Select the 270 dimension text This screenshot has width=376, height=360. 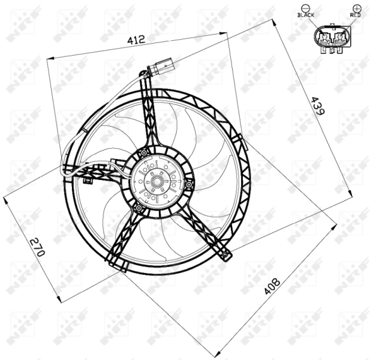pyautogui.click(x=38, y=247)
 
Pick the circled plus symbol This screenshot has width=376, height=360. pyautogui.click(x=357, y=8)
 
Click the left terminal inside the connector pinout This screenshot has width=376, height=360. pyautogui.click(x=327, y=40)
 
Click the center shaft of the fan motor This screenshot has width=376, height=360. pyautogui.click(x=160, y=179)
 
